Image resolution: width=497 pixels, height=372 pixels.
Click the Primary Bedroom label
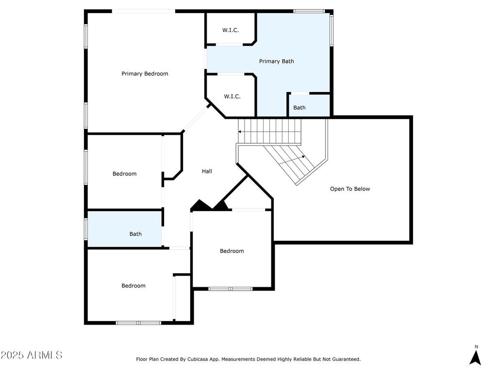pos(145,74)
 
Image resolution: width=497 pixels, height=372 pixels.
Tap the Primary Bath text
pos(276,62)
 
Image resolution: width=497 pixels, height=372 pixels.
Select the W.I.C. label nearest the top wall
pos(231,30)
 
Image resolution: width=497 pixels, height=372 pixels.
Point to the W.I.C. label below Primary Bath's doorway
pos(232,96)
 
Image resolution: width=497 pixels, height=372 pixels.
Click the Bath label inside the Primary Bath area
pos(299,108)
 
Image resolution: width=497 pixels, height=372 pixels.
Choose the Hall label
pos(207,171)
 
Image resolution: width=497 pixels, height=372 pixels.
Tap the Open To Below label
pos(350,189)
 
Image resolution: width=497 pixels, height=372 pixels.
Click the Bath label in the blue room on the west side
pos(135,234)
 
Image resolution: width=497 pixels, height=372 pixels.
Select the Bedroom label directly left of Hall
pos(125,174)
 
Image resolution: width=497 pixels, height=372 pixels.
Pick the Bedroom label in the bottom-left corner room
pos(133,286)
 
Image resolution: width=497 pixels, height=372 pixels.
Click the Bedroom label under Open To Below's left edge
pos(232,251)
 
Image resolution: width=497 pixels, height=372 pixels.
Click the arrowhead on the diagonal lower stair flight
pos(303,156)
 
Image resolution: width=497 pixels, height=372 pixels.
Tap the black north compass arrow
pos(476,357)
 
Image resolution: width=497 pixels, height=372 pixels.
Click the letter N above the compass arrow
pos(476,347)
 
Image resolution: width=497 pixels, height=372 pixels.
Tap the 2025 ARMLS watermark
pos(32,355)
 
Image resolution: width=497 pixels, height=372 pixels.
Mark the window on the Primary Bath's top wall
pos(309,12)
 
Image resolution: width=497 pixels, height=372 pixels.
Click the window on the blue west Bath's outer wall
pos(85,229)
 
